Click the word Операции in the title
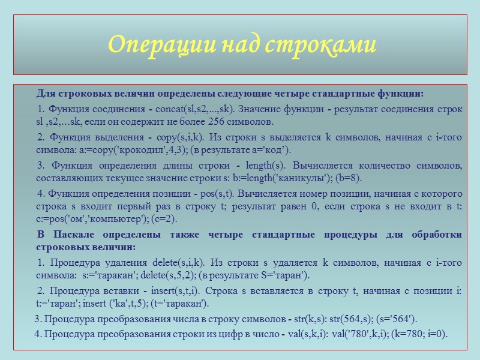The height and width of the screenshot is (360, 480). point(153,45)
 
